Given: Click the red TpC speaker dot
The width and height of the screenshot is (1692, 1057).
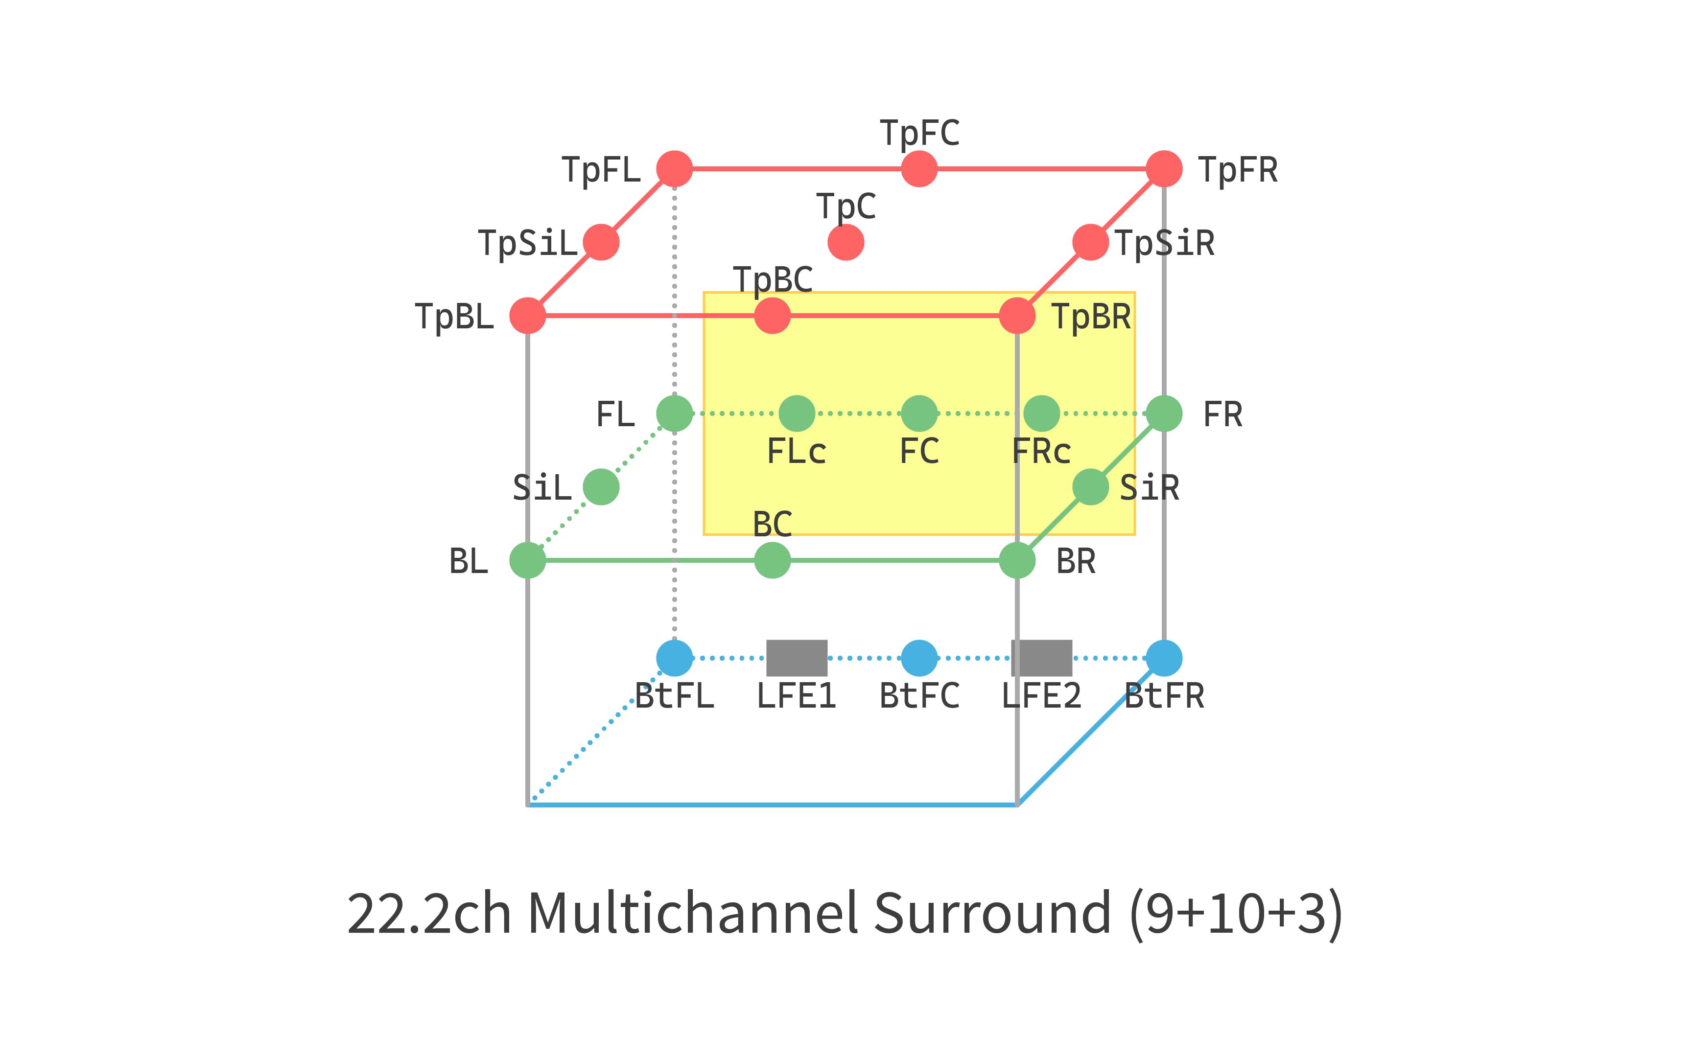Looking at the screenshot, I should click(x=846, y=243).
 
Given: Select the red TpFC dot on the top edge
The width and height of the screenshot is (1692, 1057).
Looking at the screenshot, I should click(x=919, y=169).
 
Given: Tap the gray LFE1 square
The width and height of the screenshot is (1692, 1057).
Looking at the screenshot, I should click(x=797, y=658).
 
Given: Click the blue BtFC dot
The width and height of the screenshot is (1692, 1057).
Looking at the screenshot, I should click(x=919, y=658).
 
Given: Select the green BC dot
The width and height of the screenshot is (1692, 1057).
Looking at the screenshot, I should click(x=772, y=560).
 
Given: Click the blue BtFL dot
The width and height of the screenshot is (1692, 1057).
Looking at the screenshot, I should click(x=674, y=658).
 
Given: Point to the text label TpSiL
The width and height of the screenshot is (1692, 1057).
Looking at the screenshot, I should click(x=528, y=243).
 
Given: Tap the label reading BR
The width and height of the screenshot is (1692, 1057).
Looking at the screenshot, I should click(x=1075, y=561).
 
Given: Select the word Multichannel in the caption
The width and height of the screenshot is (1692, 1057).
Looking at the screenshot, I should click(x=692, y=913).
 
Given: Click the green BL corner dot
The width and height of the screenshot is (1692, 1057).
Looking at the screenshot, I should click(x=527, y=560).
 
